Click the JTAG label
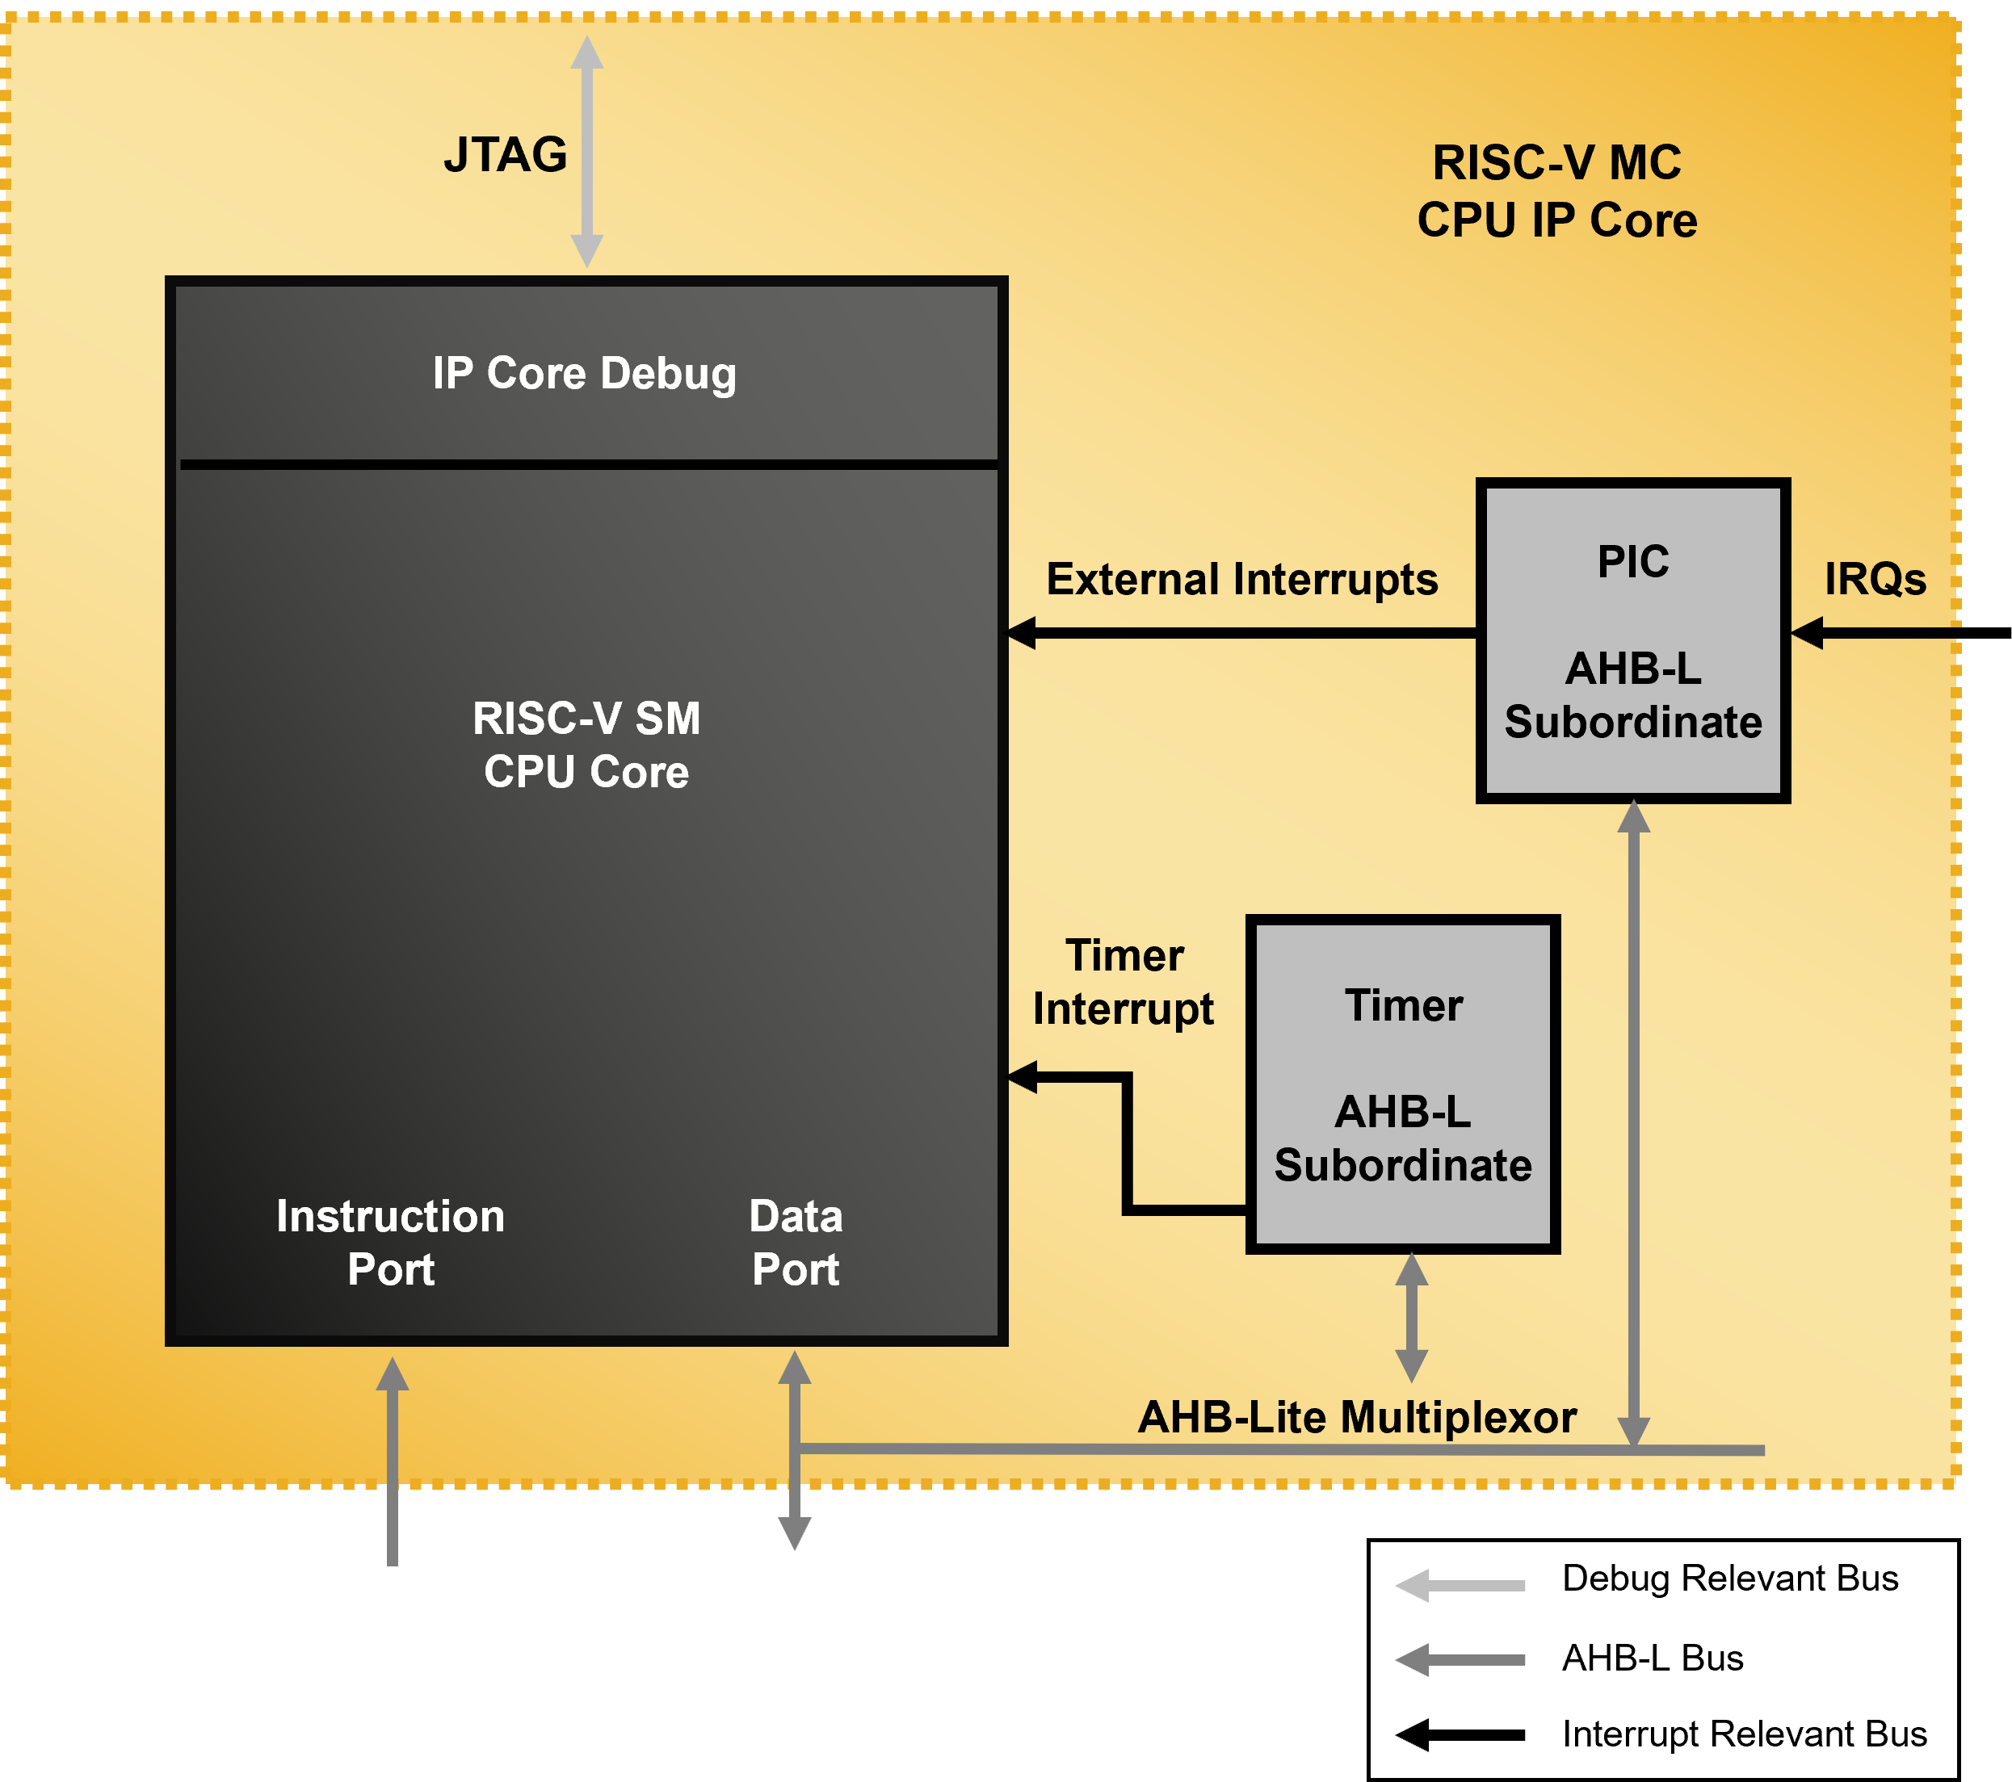click(505, 156)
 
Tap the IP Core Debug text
click(585, 374)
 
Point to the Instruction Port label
click(391, 1243)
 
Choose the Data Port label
click(796, 1243)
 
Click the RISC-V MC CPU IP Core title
click(1556, 191)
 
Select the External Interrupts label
click(1241, 580)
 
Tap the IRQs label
click(1875, 580)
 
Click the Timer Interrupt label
click(1124, 982)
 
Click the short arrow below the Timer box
click(1412, 1318)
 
